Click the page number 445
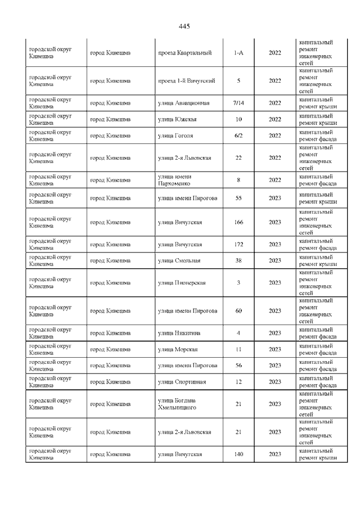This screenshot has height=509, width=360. pos(184,26)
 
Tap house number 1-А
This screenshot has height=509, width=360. pos(238,53)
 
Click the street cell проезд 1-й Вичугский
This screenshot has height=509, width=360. pos(186,80)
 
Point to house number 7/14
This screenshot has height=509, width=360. pos(238,103)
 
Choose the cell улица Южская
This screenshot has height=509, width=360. pos(177,119)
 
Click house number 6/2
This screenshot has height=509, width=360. pos(238,136)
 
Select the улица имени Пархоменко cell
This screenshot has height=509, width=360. pos(175,180)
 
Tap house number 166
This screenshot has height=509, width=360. pos(238,222)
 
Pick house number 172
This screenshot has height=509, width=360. pos(238,244)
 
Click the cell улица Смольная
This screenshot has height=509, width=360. pos(179,260)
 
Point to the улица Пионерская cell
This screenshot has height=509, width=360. pos(182,282)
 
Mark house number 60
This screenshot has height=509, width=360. pos(238,310)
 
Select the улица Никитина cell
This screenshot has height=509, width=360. pos(179,333)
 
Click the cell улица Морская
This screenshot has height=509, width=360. pos(178,349)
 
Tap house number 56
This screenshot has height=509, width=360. pos(238,366)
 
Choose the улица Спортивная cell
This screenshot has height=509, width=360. pos(182,382)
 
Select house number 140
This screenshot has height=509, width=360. pos(238,454)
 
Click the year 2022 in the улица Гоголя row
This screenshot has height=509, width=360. pos(275,136)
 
